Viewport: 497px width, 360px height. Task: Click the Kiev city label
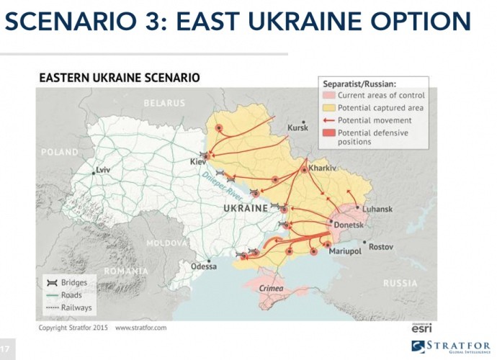click(198, 162)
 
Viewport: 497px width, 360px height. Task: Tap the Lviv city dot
click(94, 173)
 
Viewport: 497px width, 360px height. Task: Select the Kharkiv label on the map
click(322, 168)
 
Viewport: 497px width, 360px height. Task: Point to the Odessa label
click(204, 266)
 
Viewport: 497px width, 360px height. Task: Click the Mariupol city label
click(345, 251)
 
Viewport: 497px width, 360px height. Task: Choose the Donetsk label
click(349, 225)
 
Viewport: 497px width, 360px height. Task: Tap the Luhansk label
click(377, 209)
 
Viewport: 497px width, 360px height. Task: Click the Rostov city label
click(381, 246)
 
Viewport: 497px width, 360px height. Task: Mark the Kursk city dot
click(303, 122)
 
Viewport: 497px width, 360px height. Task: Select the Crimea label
click(271, 289)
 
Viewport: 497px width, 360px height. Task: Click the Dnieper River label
click(222, 186)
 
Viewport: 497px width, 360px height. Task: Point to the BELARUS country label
click(164, 103)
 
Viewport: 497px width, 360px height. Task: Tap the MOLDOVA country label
click(166, 243)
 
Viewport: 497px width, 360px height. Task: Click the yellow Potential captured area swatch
click(328, 108)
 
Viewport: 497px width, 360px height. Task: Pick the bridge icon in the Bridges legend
click(52, 283)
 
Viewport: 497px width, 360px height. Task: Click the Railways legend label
click(76, 307)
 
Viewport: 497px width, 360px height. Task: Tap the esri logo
click(421, 328)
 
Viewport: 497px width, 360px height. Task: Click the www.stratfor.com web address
click(140, 328)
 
